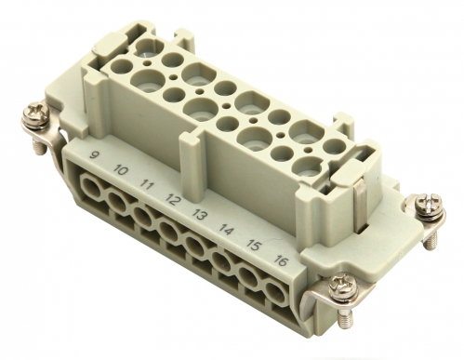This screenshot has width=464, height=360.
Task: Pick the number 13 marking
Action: (x=198, y=214)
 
